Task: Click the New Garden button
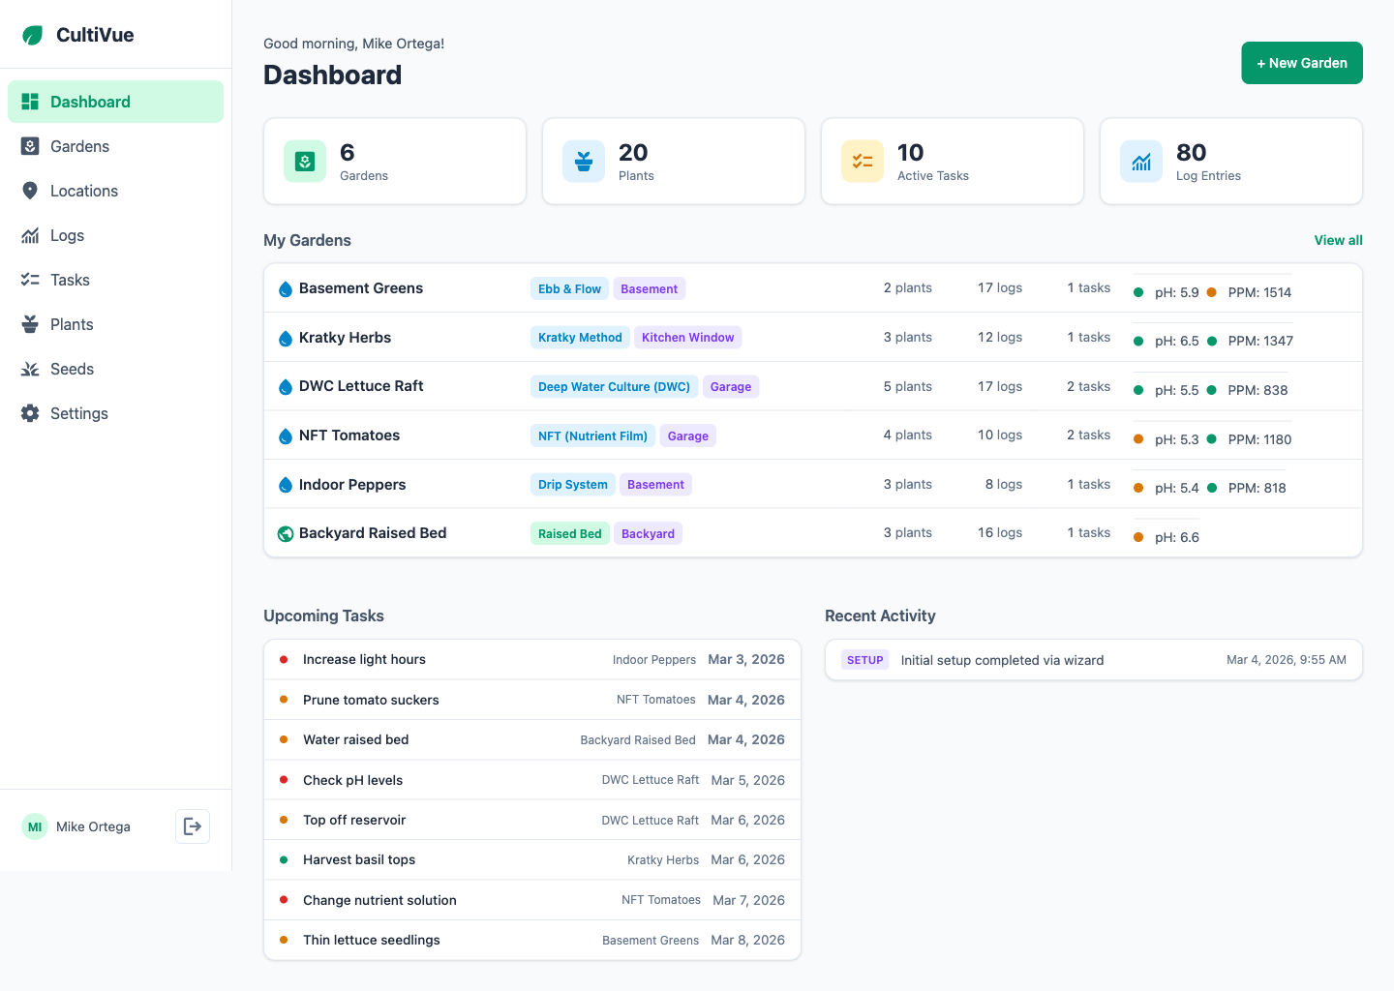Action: [x=1301, y=63]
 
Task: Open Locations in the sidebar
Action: [x=84, y=191]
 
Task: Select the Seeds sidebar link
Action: [x=72, y=369]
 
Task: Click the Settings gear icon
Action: [x=30, y=413]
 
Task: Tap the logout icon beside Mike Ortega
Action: [x=193, y=826]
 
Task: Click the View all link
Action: [x=1338, y=240]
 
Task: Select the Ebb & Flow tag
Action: [x=569, y=288]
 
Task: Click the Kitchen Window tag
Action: [x=687, y=338]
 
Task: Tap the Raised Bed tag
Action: [x=569, y=533]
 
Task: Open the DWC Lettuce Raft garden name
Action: [x=361, y=386]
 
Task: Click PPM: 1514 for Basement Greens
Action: [x=1259, y=292]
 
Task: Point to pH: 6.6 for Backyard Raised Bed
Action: [x=1176, y=537]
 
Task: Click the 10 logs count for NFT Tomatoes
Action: [x=999, y=435]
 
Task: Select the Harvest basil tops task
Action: [x=359, y=859]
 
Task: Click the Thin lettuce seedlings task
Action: [x=372, y=940]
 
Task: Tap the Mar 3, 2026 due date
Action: [x=746, y=659]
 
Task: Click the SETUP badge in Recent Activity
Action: [x=864, y=660]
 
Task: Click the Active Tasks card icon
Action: [x=862, y=162]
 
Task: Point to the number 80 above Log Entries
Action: [x=1191, y=153]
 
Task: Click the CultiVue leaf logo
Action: [x=33, y=35]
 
